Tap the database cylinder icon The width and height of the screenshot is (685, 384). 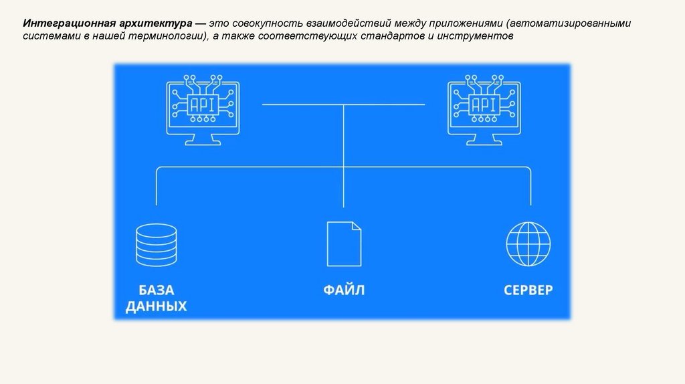coord(156,245)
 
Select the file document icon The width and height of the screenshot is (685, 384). coord(344,245)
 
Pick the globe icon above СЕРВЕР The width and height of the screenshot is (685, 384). coord(528,244)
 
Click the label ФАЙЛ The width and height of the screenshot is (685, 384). coord(344,290)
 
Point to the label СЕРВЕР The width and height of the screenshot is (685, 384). coord(528,290)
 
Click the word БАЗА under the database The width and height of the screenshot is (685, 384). coord(156,290)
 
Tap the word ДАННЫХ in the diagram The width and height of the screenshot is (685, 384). coord(156,307)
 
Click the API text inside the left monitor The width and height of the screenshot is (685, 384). coord(203,105)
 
